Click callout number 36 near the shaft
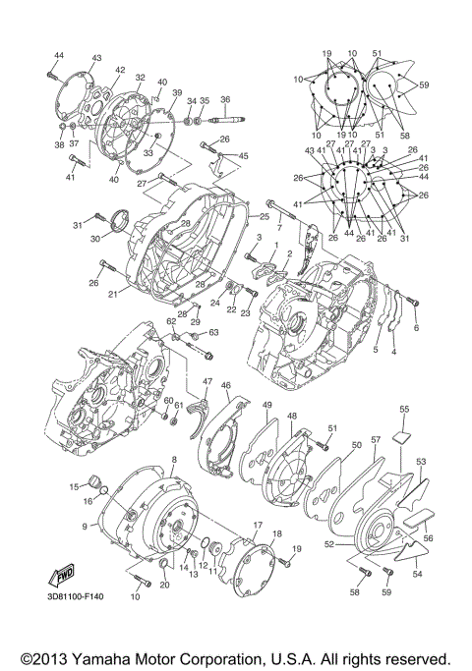pyautogui.click(x=225, y=100)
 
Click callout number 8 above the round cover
pyautogui.click(x=174, y=460)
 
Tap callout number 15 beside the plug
pyautogui.click(x=73, y=486)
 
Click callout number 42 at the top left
pyautogui.click(x=120, y=70)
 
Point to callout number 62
pyautogui.click(x=170, y=320)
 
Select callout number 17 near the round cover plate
pyautogui.click(x=258, y=527)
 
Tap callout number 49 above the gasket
pyautogui.click(x=267, y=405)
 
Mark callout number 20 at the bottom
pyautogui.click(x=164, y=587)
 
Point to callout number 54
pyautogui.click(x=416, y=574)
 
